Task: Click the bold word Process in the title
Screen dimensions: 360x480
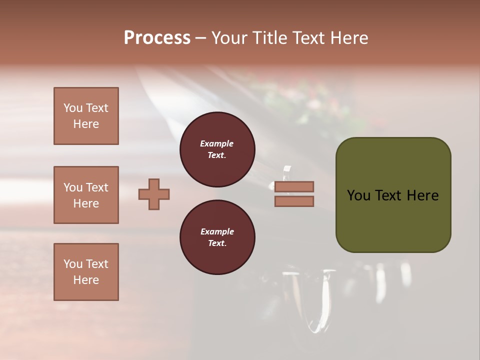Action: coord(157,38)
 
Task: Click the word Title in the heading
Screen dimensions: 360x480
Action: coord(270,38)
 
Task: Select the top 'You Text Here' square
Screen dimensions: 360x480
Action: coord(86,116)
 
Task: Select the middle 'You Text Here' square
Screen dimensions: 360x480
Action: coord(86,195)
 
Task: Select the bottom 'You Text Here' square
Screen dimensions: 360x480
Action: coord(86,272)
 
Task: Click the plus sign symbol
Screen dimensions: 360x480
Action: coord(154,194)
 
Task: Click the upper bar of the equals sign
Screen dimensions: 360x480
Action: coord(294,187)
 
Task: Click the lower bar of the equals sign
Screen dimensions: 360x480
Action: coord(294,201)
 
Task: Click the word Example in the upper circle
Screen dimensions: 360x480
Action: coord(217,143)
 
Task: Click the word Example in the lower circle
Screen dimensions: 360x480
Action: coord(217,231)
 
